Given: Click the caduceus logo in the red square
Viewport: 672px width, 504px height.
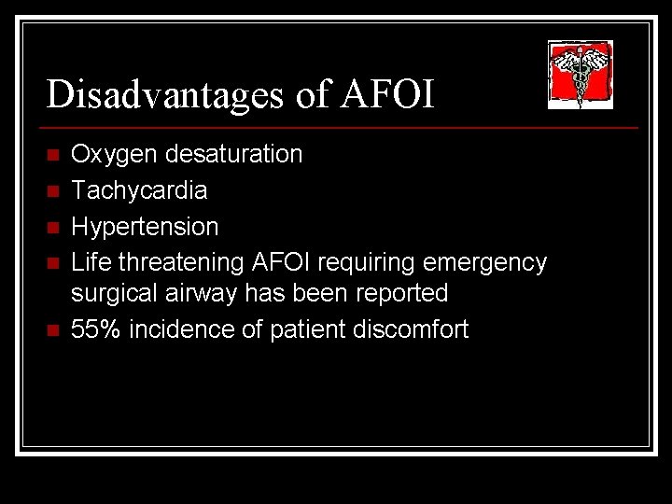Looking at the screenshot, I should [580, 73].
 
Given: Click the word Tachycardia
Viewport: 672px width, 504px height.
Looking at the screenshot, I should [140, 190].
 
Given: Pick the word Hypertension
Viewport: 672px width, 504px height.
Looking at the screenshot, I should [146, 227].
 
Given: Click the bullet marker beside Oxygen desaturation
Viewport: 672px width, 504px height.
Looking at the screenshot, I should [53, 154].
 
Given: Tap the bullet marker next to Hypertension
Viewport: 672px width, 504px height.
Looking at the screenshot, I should [53, 227].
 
